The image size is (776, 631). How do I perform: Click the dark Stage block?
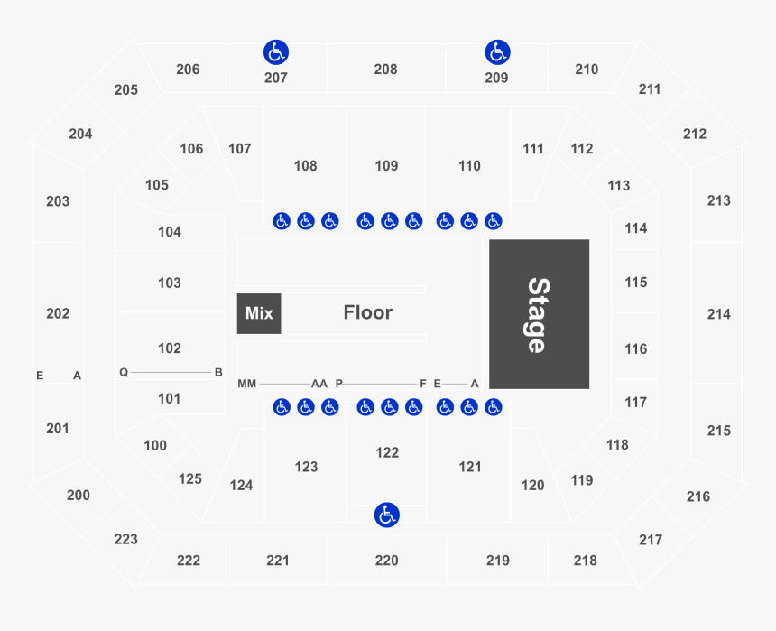[x=539, y=314]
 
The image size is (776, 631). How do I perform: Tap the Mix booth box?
[x=259, y=313]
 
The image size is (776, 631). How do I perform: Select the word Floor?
[x=368, y=312]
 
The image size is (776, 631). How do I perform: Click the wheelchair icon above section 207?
[x=275, y=51]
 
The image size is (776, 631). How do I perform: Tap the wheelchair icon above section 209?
[x=497, y=51]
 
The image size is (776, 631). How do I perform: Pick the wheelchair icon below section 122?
[x=387, y=515]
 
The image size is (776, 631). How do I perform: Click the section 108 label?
[x=306, y=166]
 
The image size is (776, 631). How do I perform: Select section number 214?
[x=719, y=314]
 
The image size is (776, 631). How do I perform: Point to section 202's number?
[x=58, y=313]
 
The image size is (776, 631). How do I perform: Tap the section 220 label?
[x=386, y=561]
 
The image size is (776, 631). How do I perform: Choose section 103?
[x=170, y=283]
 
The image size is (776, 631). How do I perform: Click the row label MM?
[x=247, y=384]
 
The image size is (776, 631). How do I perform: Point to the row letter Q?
[x=124, y=372]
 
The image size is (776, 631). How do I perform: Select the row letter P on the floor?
[x=339, y=384]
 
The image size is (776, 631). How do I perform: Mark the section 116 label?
[x=635, y=348]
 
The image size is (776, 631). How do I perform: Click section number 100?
[x=155, y=445]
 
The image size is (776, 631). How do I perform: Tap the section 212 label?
[x=695, y=134]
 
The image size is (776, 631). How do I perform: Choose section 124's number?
[x=241, y=485]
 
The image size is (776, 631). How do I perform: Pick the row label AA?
[x=319, y=384]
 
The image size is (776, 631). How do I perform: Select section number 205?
[x=126, y=89]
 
